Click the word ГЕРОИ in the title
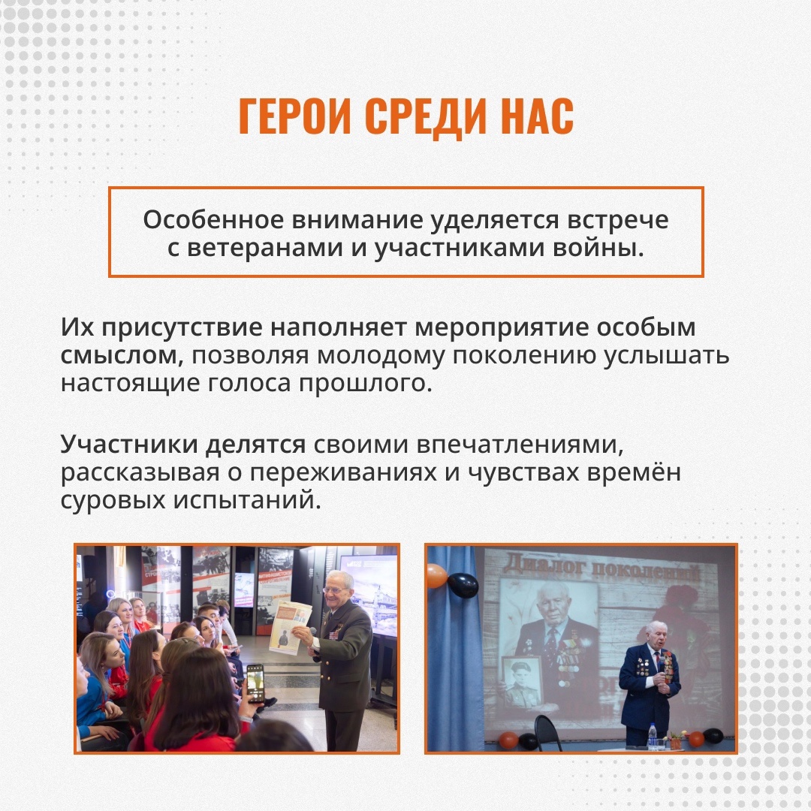(x=297, y=116)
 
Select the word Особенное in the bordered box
(x=213, y=220)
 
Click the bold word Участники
(x=129, y=445)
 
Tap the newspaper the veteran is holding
(x=290, y=627)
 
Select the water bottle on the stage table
(x=653, y=735)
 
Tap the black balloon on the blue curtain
(x=463, y=584)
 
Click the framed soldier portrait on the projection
(x=522, y=683)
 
